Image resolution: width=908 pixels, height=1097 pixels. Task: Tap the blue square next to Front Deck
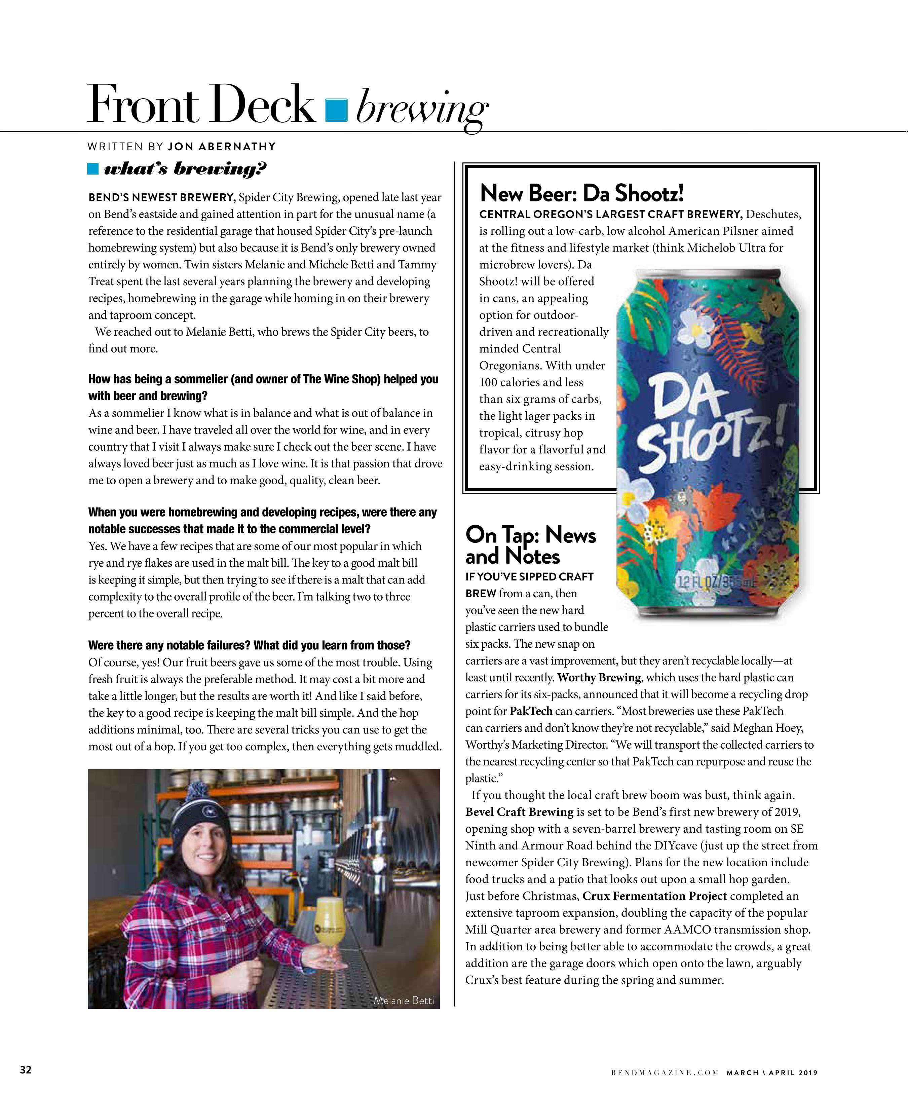pos(336,110)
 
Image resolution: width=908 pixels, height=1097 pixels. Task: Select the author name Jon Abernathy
pos(222,146)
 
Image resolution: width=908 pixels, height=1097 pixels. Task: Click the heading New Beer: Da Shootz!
pos(581,193)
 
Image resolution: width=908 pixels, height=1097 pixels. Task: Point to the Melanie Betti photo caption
pos(404,1000)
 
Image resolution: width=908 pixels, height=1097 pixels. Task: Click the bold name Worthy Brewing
pos(599,678)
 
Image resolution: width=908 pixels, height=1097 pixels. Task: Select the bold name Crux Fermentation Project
pos(655,896)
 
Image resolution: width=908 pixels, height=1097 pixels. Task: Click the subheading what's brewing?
pos(185,169)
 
